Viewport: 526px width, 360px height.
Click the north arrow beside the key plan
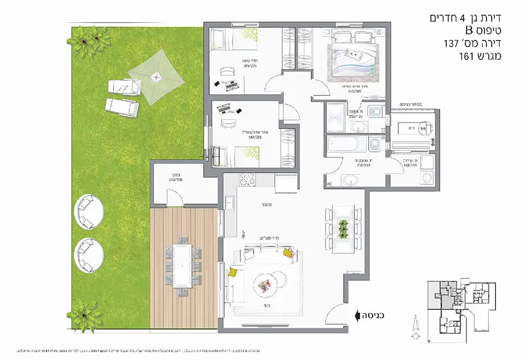pyautogui.click(x=412, y=326)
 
